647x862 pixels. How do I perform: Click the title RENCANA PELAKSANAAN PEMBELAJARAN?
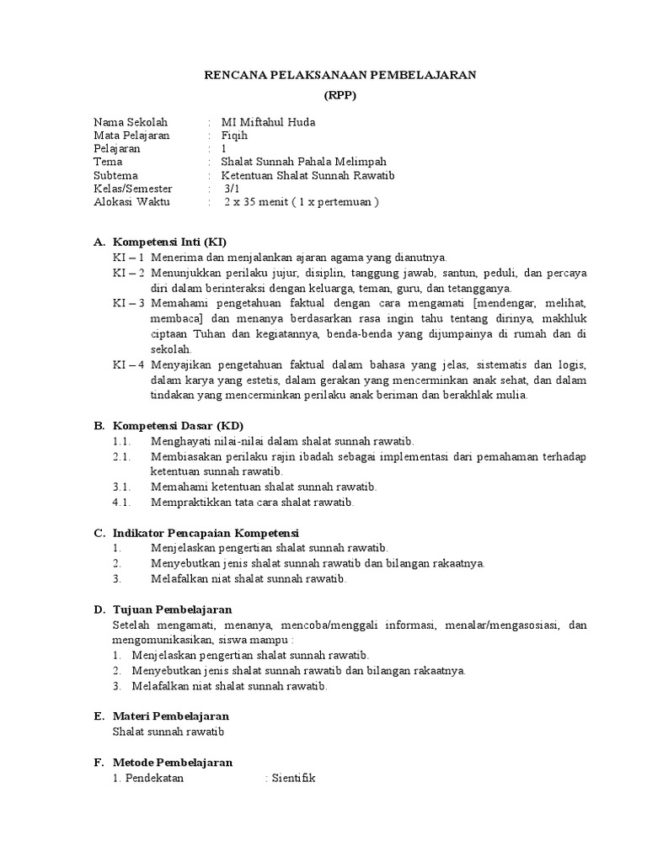pyautogui.click(x=341, y=75)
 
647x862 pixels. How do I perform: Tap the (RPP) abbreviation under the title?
pyautogui.click(x=341, y=95)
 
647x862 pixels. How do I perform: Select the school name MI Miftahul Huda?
pyautogui.click(x=268, y=122)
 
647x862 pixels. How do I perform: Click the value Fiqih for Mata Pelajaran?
pyautogui.click(x=234, y=136)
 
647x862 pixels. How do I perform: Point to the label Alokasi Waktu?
pyautogui.click(x=131, y=203)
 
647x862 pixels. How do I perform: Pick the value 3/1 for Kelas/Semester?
pyautogui.click(x=232, y=189)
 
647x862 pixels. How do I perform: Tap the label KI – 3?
pyautogui.click(x=129, y=302)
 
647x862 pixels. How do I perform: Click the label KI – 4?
pyautogui.click(x=129, y=364)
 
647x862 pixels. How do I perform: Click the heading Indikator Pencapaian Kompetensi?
pyautogui.click(x=206, y=533)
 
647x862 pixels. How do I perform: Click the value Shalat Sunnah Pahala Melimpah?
pyautogui.click(x=303, y=162)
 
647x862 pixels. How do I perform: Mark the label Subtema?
pyautogui.click(x=116, y=176)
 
